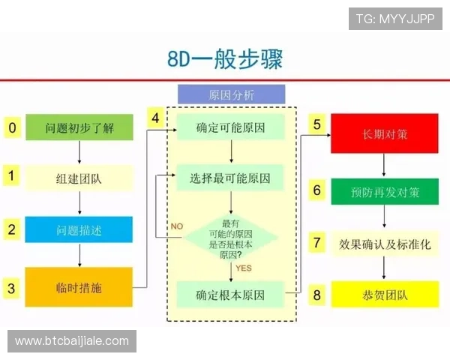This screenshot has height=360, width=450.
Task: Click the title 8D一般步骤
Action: click(x=225, y=59)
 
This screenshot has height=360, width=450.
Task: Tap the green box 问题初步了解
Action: click(x=79, y=127)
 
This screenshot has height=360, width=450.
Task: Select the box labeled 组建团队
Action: click(x=79, y=178)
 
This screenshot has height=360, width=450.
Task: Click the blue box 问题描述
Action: click(x=79, y=229)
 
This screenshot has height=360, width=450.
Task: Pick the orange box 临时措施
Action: click(x=79, y=287)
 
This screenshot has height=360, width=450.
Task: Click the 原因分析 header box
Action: click(x=231, y=94)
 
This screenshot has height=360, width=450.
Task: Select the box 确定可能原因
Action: click(x=230, y=127)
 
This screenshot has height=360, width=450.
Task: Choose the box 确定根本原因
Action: click(x=230, y=293)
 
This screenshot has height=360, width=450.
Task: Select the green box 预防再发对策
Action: click(x=385, y=191)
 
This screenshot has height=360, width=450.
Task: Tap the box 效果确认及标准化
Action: click(x=385, y=244)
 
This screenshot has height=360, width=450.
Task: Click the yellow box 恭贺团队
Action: click(x=385, y=295)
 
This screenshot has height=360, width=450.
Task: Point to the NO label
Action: click(x=177, y=226)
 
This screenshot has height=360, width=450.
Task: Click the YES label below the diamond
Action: click(x=244, y=267)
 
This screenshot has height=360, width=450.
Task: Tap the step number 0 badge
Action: click(x=11, y=127)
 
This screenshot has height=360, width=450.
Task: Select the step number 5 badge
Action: click(x=316, y=124)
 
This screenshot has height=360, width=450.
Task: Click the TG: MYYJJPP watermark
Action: click(x=395, y=19)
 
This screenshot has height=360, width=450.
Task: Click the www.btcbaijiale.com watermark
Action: click(x=72, y=341)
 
